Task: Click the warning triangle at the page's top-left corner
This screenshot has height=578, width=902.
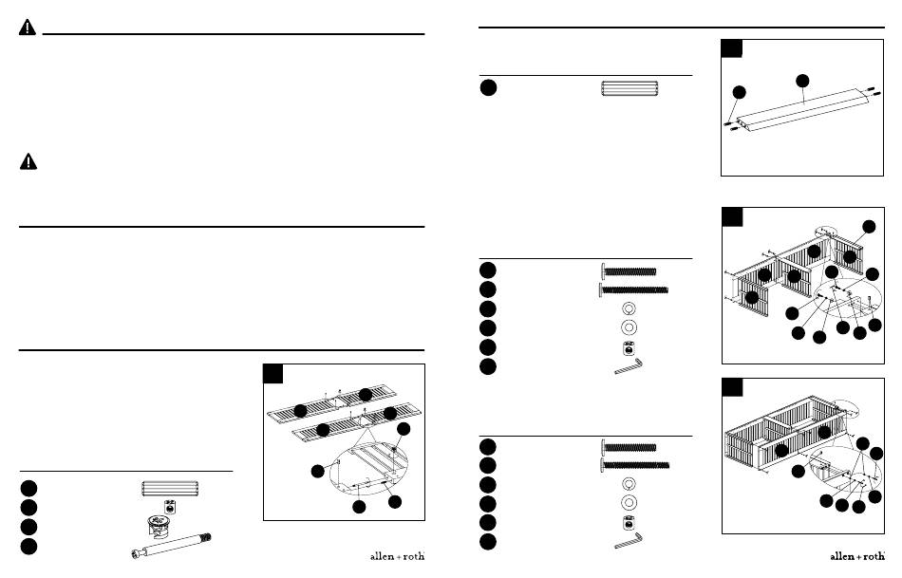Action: click(x=27, y=28)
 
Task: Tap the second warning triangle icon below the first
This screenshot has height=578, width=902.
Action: click(x=28, y=161)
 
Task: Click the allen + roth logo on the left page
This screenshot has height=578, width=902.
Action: click(x=397, y=556)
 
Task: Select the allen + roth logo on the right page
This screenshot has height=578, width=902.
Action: click(x=857, y=556)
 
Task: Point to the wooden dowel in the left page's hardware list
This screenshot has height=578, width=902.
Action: click(x=170, y=489)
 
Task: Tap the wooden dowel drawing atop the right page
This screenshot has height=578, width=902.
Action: click(x=630, y=88)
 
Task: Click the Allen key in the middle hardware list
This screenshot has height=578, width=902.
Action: click(x=629, y=366)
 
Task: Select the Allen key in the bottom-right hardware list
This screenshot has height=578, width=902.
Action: click(x=629, y=541)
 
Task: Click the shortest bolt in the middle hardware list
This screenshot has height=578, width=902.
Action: click(x=629, y=270)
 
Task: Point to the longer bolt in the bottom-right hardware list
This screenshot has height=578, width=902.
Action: click(x=634, y=465)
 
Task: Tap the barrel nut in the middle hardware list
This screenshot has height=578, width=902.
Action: click(x=629, y=348)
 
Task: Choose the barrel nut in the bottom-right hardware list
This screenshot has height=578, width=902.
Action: click(x=629, y=522)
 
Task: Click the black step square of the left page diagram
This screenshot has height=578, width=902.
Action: click(x=273, y=374)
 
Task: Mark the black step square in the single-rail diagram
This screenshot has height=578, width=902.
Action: click(x=731, y=48)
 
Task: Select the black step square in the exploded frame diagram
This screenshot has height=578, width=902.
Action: click(x=732, y=216)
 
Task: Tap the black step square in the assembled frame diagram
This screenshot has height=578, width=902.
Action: click(x=732, y=387)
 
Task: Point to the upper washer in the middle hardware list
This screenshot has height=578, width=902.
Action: click(x=629, y=308)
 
